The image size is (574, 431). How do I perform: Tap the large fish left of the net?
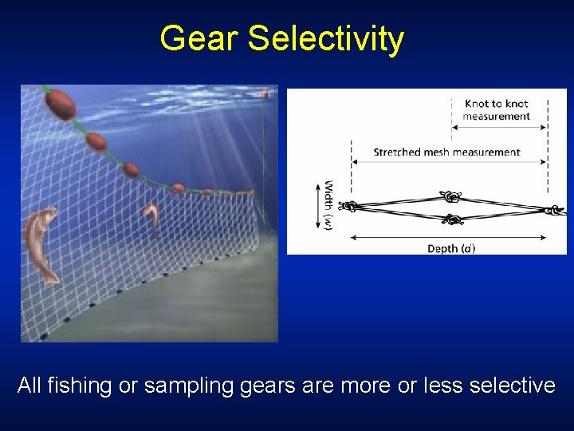pyautogui.click(x=41, y=243)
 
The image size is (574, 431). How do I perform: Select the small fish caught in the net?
pyautogui.click(x=150, y=217)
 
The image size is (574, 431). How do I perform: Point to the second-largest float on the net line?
pyautogui.click(x=96, y=141)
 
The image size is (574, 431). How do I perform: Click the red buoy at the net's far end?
pyautogui.click(x=264, y=93)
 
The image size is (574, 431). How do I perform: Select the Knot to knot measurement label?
pyautogui.click(x=496, y=109)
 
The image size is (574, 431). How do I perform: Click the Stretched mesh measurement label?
pyautogui.click(x=446, y=152)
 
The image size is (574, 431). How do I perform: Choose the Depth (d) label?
pyautogui.click(x=451, y=248)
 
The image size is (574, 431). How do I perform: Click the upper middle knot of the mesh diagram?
pyautogui.click(x=451, y=197)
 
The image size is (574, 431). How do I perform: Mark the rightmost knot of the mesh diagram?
pyautogui.click(x=551, y=210)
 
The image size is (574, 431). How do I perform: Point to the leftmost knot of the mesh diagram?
pyautogui.click(x=348, y=207)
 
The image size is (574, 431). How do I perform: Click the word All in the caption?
pyautogui.click(x=29, y=386)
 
